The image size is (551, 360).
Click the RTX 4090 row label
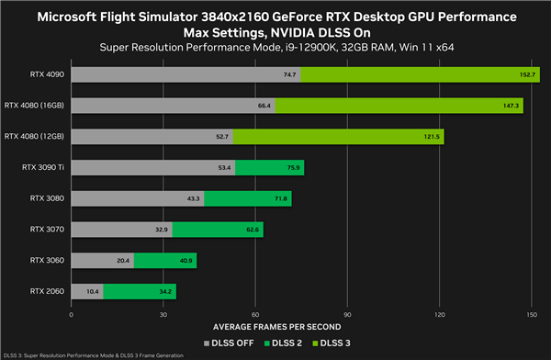48,74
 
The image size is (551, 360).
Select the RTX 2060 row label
48,292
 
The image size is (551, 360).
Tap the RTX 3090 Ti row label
44,167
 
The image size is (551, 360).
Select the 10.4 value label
93,292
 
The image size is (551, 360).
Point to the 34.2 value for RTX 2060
164,292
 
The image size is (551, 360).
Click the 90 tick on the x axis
347,314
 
